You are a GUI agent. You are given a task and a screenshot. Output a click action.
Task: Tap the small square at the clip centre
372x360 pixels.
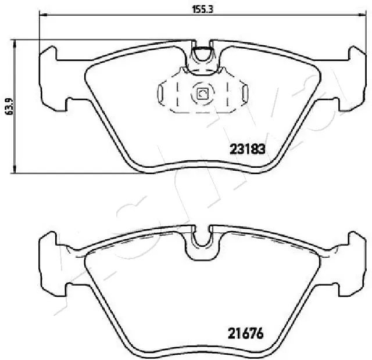pyautogui.click(x=202, y=93)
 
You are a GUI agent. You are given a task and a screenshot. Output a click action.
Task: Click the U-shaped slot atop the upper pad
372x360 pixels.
pyautogui.click(x=202, y=55)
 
